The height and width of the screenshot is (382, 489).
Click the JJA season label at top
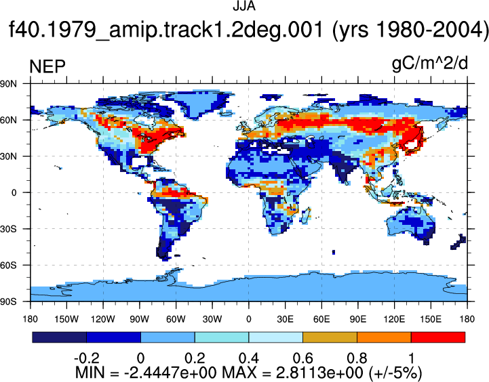(244, 6)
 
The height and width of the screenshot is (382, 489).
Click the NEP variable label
(47, 66)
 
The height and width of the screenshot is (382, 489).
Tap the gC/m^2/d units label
(430, 64)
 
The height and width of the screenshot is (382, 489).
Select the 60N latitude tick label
(9, 120)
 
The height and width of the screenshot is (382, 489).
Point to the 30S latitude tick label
(9, 229)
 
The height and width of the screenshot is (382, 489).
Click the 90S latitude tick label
(9, 301)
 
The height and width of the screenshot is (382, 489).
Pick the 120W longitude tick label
(103, 319)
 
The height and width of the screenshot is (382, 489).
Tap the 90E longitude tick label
(357, 319)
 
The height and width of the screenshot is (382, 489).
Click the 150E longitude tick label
(431, 319)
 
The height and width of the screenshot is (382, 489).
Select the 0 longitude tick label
(248, 319)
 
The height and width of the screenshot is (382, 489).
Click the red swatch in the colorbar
(438, 337)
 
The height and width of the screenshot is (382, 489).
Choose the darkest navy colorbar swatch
(59, 337)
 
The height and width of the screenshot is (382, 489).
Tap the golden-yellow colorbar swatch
(330, 337)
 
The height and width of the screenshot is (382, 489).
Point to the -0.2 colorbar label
(87, 358)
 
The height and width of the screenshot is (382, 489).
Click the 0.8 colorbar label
(357, 358)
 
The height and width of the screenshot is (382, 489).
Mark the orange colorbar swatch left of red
(384, 337)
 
